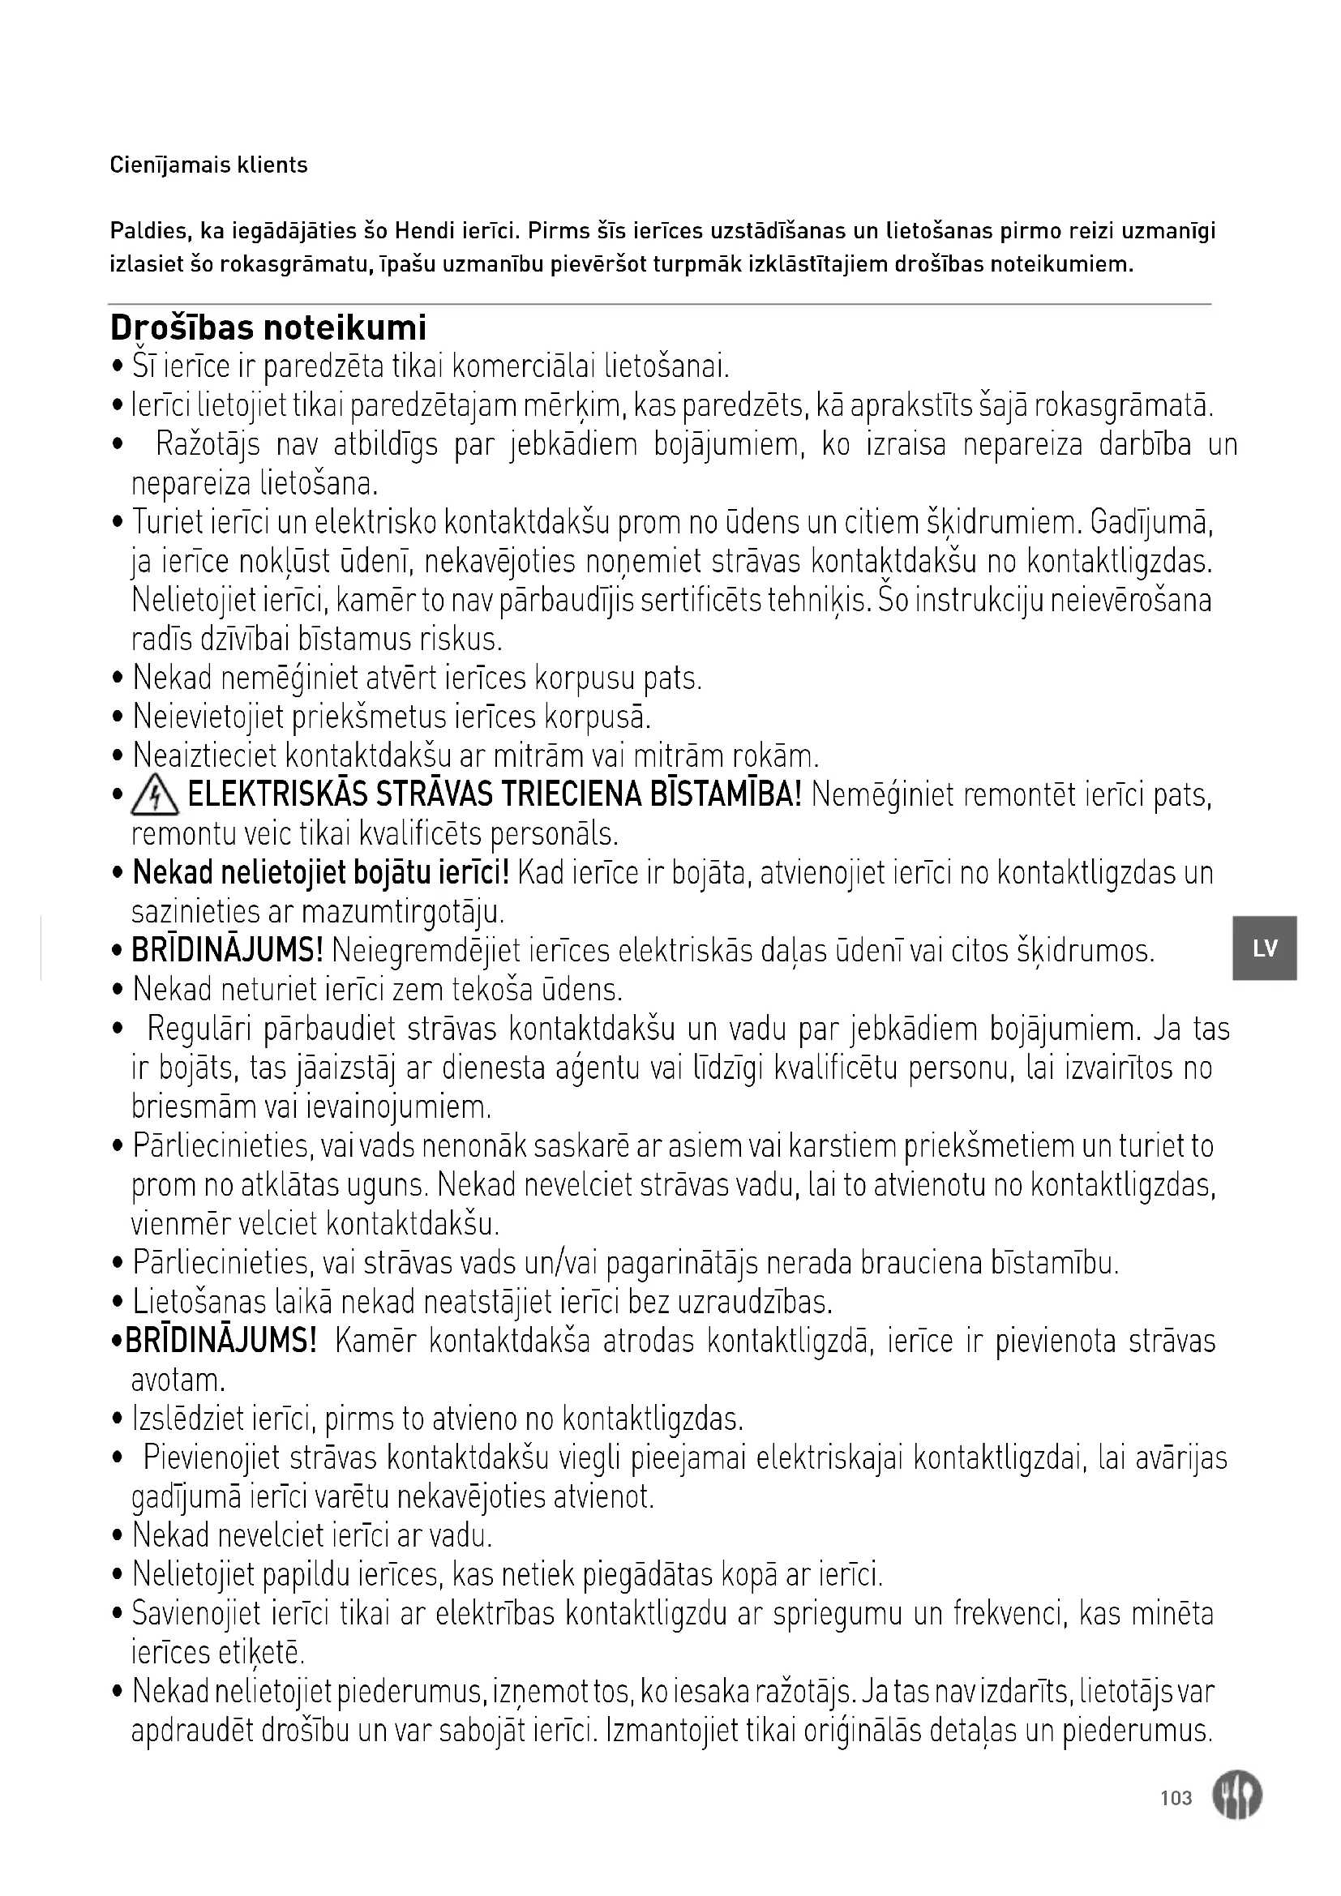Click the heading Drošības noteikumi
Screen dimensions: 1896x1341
(x=268, y=327)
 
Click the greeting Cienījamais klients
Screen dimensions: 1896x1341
(x=208, y=165)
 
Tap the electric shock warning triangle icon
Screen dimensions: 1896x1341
(x=155, y=797)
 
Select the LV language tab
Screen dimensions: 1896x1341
(x=1264, y=948)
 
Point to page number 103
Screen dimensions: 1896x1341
(x=1176, y=1798)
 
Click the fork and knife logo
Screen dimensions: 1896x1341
(x=1237, y=1796)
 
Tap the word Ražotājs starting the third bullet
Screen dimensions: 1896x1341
(x=208, y=445)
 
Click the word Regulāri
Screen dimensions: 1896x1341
(x=195, y=1029)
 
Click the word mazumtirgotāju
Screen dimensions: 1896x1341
(x=403, y=913)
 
